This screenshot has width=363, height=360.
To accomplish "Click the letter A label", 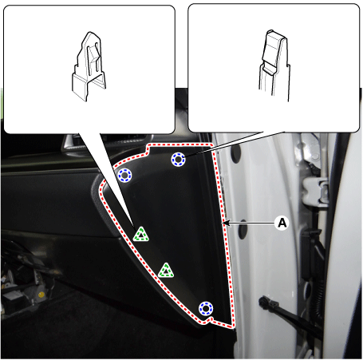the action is [x=282, y=223].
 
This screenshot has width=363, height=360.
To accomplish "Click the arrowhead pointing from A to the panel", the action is [x=227, y=223].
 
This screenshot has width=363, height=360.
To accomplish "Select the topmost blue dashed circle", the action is [x=178, y=160].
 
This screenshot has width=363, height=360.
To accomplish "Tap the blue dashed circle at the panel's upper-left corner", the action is [x=124, y=176].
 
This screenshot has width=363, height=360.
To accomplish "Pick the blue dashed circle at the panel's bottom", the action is [x=206, y=309].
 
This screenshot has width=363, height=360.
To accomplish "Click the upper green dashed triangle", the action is [x=141, y=235].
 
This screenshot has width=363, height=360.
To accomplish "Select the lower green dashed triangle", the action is [x=166, y=271].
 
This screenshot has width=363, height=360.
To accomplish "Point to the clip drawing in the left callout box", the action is [x=89, y=66].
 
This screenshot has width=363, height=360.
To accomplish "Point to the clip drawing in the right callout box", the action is [x=274, y=65].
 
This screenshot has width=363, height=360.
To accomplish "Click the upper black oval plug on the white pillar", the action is [x=235, y=153].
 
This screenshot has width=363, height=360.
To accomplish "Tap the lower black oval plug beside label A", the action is [x=243, y=229].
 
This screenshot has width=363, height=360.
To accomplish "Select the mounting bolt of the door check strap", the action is [x=262, y=301].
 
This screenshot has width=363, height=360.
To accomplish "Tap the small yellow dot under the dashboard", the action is [x=41, y=295].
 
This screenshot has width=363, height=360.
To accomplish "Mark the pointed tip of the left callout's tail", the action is [x=133, y=226].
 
